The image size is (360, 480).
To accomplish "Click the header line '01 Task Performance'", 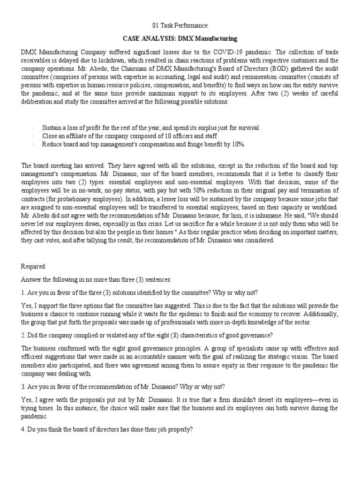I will point(180,25).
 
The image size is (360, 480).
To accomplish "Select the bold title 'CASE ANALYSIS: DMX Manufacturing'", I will point(180,38).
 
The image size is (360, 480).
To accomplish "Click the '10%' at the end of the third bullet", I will point(237,144).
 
